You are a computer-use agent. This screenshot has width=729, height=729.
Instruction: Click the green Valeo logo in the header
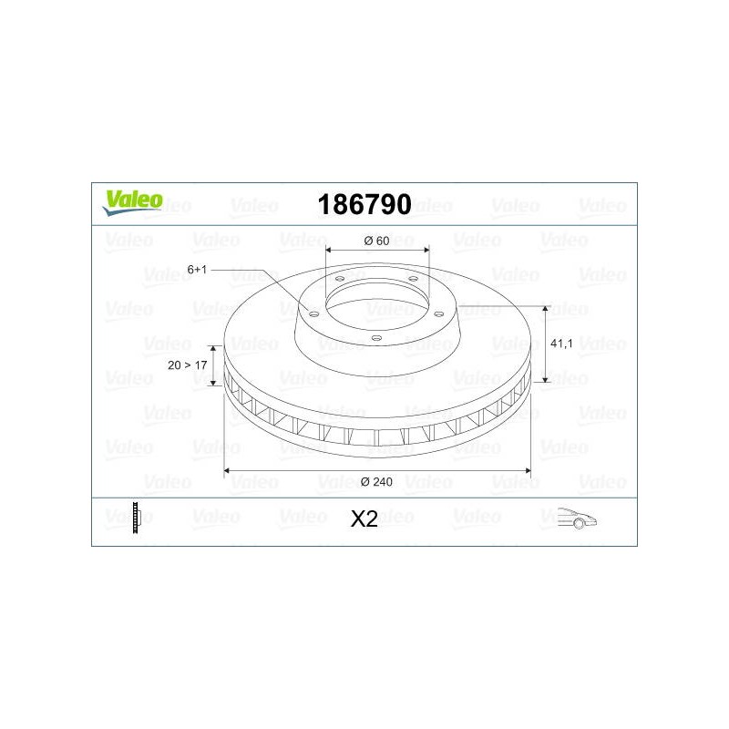click(x=133, y=202)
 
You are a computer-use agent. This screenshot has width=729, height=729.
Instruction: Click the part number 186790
click(x=364, y=204)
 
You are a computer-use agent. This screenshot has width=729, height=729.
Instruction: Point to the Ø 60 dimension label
click(x=376, y=241)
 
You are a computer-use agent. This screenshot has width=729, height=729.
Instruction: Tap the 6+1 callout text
click(x=197, y=270)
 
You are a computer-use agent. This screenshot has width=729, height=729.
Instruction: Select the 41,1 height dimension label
click(x=561, y=344)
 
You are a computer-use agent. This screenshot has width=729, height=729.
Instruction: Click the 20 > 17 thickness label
click(x=188, y=365)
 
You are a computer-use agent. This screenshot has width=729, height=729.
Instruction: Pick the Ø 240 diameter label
click(x=376, y=482)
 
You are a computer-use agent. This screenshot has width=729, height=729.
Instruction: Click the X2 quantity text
click(x=364, y=519)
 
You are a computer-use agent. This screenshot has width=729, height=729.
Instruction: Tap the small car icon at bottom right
click(x=577, y=518)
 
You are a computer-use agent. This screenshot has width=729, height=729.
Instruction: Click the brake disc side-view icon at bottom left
click(x=136, y=518)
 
